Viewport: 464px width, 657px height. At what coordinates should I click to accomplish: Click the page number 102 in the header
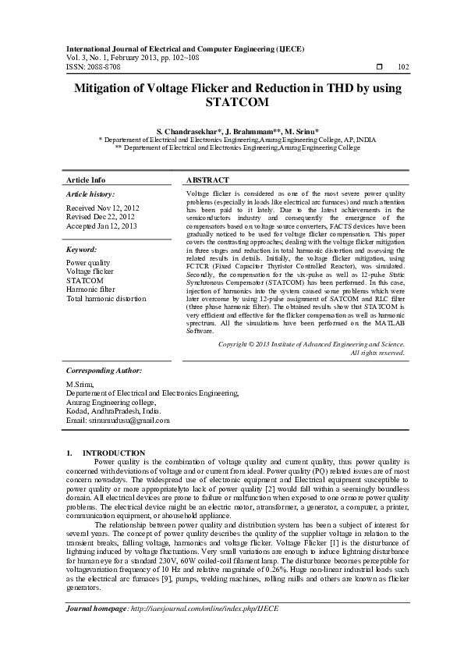403,67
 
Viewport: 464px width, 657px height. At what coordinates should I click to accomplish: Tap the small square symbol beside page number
379,67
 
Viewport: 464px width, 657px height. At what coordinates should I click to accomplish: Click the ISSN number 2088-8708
105,67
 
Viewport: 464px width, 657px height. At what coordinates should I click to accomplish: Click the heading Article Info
86,179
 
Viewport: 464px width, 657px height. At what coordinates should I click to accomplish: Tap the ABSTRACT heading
207,179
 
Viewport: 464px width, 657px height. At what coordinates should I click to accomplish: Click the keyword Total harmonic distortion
106,298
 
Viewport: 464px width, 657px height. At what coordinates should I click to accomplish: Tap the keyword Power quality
88,263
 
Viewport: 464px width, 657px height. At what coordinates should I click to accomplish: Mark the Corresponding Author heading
104,371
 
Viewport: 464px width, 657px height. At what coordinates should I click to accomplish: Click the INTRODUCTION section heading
114,453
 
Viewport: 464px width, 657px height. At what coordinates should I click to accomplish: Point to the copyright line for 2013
311,343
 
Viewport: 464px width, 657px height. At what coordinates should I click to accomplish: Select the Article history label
90,194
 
